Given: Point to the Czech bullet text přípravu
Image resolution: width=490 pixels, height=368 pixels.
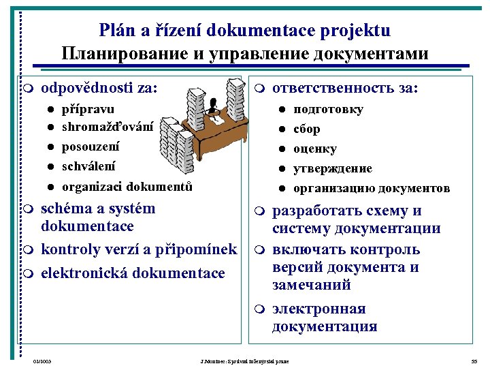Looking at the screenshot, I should click(88, 109).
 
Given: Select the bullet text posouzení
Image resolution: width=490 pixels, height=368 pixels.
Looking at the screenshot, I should click(90, 147).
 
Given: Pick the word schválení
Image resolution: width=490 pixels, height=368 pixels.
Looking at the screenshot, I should click(88, 166).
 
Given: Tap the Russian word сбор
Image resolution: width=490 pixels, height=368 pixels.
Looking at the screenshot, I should click(306, 129).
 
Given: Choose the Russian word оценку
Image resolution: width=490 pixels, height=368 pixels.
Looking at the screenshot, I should click(314, 149).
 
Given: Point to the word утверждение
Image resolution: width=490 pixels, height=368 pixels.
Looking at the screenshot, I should click(332, 168).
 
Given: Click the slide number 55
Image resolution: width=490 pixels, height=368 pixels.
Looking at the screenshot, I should click(474, 361).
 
